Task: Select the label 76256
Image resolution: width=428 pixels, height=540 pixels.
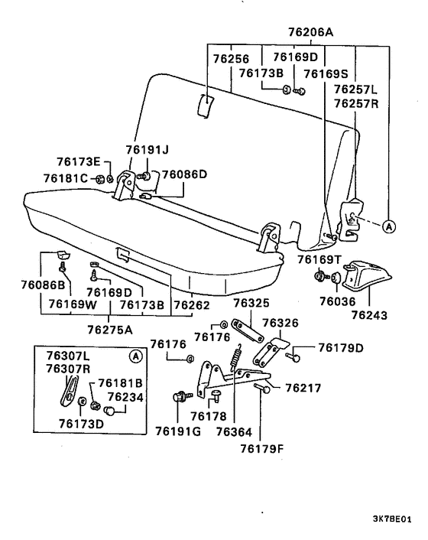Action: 231,57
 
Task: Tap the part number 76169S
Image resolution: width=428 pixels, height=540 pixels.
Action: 326,73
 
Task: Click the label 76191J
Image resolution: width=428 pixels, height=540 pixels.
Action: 147,150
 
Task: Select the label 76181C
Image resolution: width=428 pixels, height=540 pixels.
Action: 67,179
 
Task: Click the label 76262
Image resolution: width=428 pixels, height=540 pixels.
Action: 191,305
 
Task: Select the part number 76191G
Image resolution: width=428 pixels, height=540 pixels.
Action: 177,431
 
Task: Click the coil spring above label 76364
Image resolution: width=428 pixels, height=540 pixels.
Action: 236,355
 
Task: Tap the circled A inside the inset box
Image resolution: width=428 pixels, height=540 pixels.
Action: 136,356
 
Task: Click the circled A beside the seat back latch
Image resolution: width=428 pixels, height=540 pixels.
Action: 387,226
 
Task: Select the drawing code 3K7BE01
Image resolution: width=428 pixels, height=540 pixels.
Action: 392,518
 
